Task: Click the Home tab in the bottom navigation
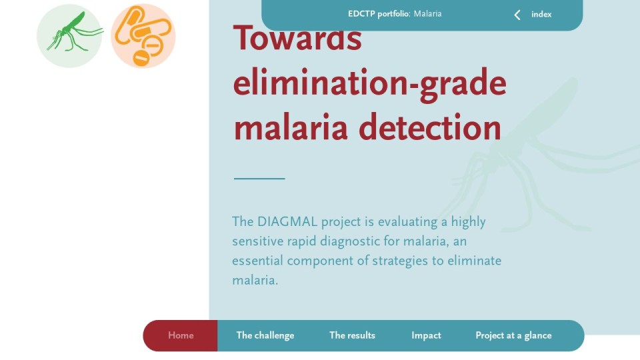pos(181,335)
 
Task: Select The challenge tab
pos(265,335)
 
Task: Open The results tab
pos(352,335)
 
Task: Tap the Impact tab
pos(426,335)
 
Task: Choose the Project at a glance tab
pos(513,335)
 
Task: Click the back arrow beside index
pos(517,15)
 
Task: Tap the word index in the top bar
pos(541,14)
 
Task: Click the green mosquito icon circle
pos(69,36)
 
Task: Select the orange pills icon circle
pos(143,36)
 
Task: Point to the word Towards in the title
pos(297,39)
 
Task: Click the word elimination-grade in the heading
pos(370,84)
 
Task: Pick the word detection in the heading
pos(430,127)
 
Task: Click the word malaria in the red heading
pos(291,127)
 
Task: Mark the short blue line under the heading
pos(259,179)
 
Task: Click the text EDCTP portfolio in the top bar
pos(379,14)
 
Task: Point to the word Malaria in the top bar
pos(428,14)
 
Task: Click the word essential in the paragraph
pos(257,261)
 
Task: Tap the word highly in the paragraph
pos(468,222)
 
